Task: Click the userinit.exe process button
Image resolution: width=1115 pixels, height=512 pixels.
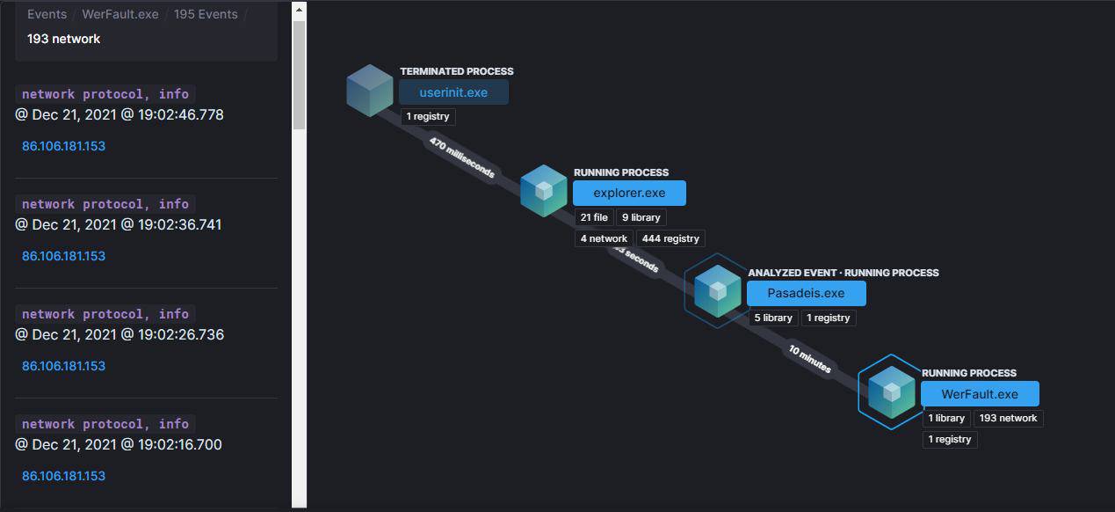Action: (x=453, y=92)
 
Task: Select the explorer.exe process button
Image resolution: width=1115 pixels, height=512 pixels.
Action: (x=629, y=193)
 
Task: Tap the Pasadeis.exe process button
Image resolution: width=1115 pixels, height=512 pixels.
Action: (x=806, y=293)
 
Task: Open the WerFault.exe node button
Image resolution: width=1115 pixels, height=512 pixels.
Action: (x=980, y=394)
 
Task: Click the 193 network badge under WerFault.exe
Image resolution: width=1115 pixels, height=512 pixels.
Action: (x=1008, y=418)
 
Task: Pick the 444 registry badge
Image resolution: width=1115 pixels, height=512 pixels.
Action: (x=670, y=238)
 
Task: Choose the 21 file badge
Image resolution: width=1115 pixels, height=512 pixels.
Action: (x=594, y=217)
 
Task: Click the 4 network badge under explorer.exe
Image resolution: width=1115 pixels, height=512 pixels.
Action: (x=604, y=238)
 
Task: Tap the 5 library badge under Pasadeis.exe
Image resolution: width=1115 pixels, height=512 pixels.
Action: (x=773, y=318)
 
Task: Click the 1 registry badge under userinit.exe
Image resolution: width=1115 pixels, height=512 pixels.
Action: (x=428, y=116)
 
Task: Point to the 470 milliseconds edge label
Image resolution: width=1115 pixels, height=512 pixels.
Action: (x=461, y=157)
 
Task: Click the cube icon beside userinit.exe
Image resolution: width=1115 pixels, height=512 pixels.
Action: (x=369, y=91)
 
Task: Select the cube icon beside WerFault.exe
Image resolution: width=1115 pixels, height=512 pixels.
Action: (x=892, y=391)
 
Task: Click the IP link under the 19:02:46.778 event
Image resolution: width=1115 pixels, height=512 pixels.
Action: (x=63, y=146)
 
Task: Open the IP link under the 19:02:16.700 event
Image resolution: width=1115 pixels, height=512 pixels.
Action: (x=63, y=476)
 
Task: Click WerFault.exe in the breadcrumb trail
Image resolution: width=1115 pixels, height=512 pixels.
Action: (x=119, y=14)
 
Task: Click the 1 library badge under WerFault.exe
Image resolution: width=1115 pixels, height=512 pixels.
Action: (x=946, y=418)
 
